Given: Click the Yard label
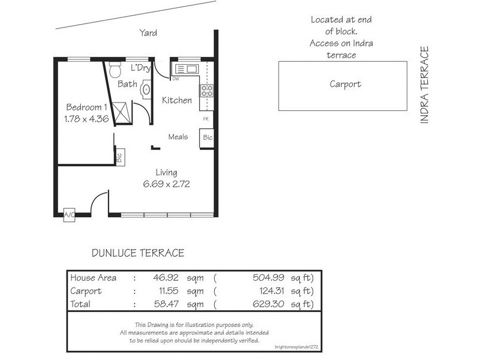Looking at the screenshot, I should pyautogui.click(x=148, y=33).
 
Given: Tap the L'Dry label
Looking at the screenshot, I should pyautogui.click(x=140, y=68).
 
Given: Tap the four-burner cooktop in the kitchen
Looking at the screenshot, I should pyautogui.click(x=206, y=91).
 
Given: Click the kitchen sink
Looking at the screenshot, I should pyautogui.click(x=183, y=68).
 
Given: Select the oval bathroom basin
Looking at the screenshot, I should pyautogui.click(x=146, y=90).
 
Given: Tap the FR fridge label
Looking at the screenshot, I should pyautogui.click(x=205, y=119).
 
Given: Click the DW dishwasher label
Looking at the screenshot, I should pyautogui.click(x=176, y=79).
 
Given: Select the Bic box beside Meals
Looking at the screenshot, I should pyautogui.click(x=208, y=137).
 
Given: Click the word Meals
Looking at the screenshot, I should pyautogui.click(x=178, y=137).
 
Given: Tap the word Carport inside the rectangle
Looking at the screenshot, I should pyautogui.click(x=346, y=84).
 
